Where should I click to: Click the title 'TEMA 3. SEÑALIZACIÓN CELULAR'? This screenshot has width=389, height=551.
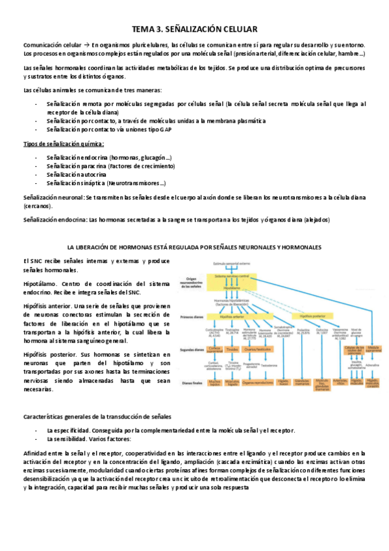(x=195, y=29)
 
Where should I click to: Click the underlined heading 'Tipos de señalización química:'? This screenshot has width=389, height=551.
(x=63, y=144)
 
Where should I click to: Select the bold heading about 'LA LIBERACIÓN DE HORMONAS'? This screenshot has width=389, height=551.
(x=195, y=248)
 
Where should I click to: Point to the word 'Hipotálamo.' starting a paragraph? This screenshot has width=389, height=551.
(x=40, y=284)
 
